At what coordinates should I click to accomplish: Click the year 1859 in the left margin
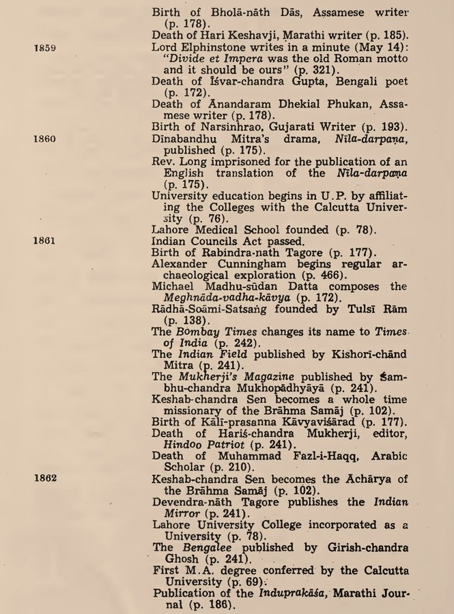tap(44, 48)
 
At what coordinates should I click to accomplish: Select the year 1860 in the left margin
tap(44, 138)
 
